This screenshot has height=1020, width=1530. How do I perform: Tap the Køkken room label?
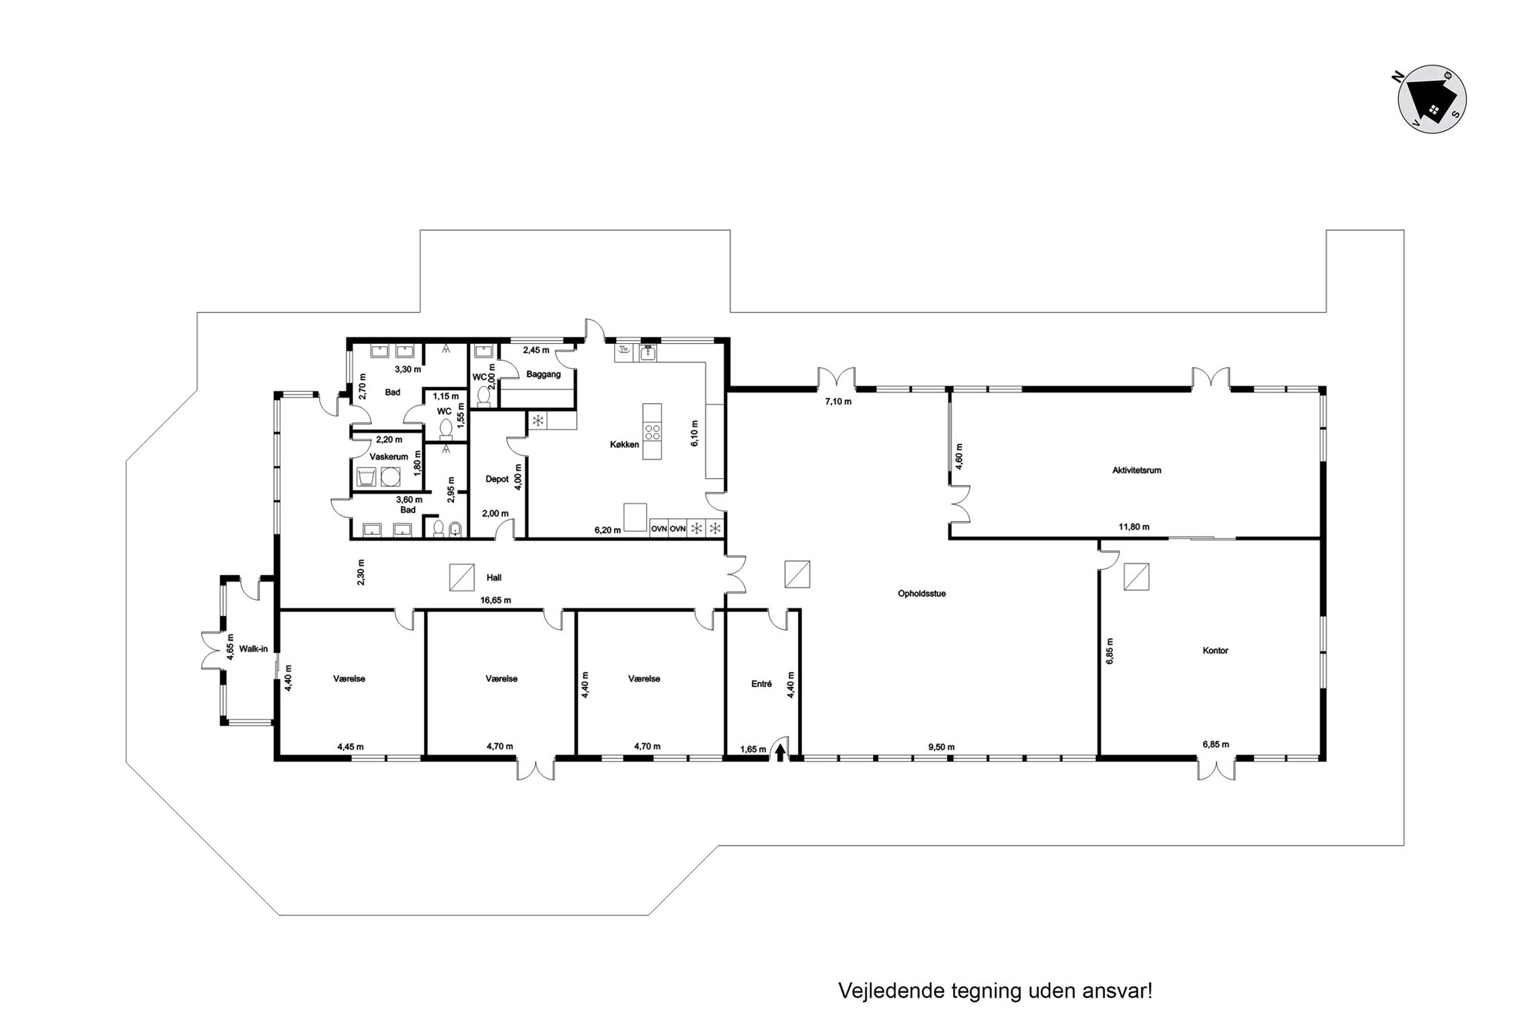coord(625,444)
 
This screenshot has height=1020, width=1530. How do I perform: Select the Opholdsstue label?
coord(922,594)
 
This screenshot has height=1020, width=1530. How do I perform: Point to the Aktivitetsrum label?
coord(1137,470)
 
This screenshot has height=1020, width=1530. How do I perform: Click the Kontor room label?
coord(1215,650)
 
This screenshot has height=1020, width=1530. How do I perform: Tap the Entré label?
coord(761,683)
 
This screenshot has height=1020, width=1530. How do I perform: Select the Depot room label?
coord(497,479)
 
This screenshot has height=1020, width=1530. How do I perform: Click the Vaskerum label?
coord(389,456)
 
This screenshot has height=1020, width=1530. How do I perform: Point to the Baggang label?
coord(544,375)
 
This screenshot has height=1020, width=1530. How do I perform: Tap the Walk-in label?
coord(253,648)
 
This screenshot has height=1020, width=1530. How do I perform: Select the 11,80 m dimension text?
coord(1134,527)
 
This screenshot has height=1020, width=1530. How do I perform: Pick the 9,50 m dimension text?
coord(941,746)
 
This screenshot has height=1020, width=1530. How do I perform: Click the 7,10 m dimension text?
coord(837,401)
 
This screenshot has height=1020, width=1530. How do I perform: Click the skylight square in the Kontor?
coord(1136,576)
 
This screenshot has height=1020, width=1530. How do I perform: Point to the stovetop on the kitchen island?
coord(652,431)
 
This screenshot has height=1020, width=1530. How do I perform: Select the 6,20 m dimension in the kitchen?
coord(607,530)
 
